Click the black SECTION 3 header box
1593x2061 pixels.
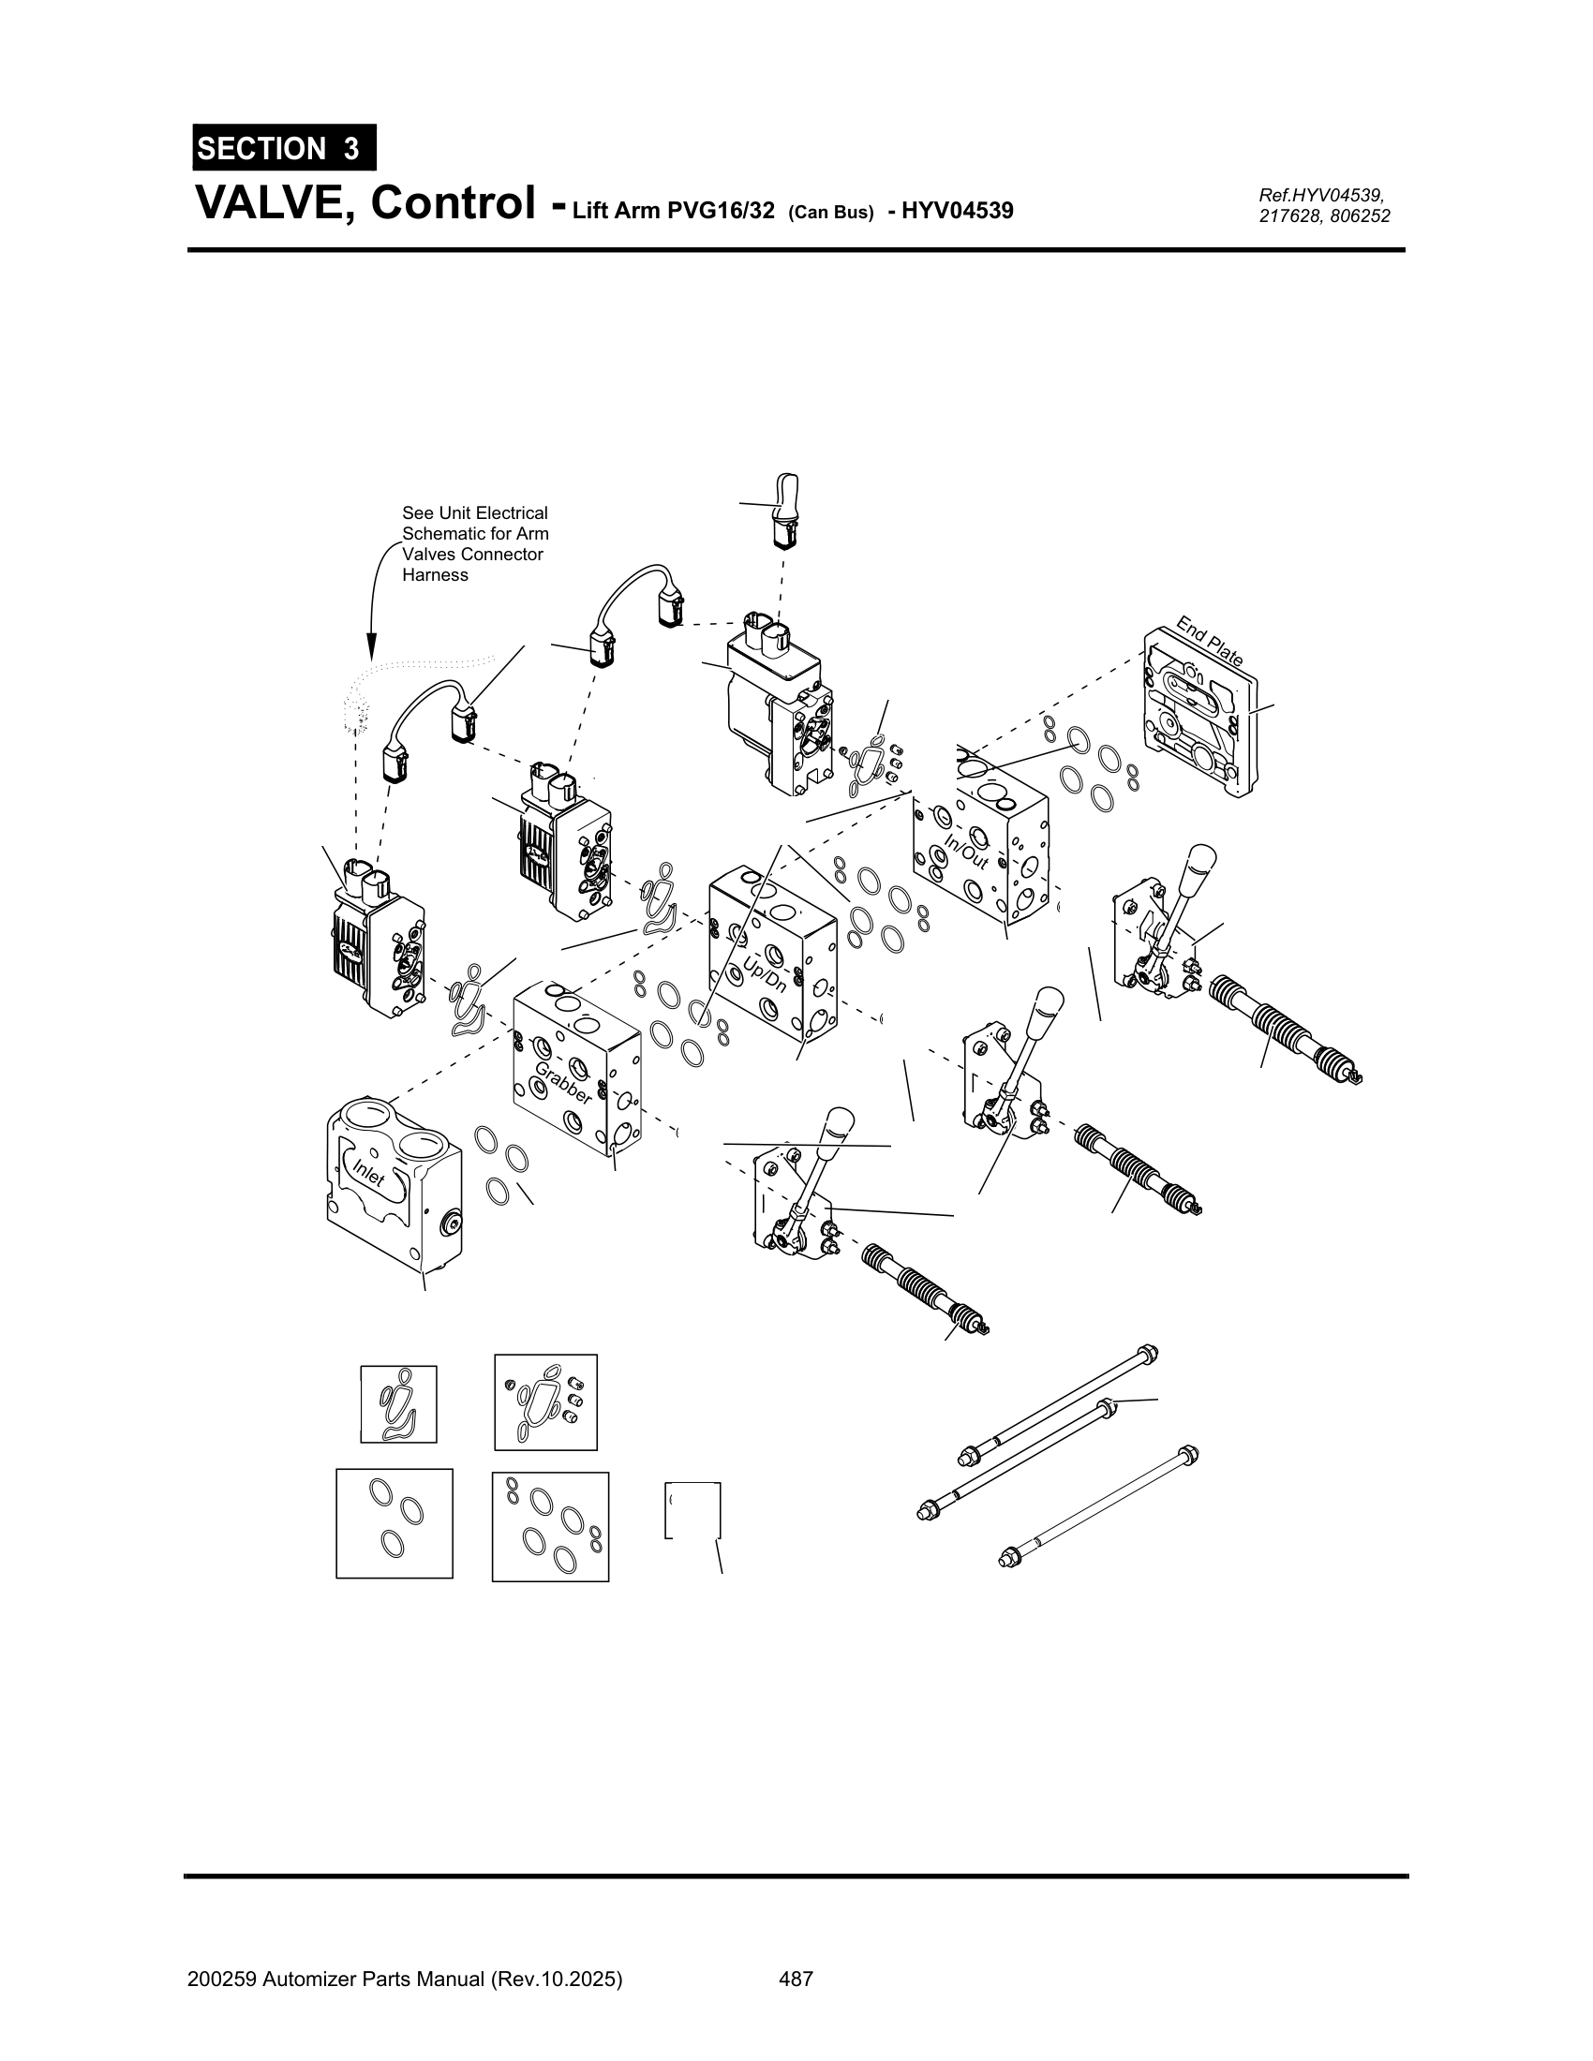[284, 148]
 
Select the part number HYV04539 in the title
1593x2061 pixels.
[957, 210]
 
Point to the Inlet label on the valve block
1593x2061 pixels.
[369, 1175]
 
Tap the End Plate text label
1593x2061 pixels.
[1209, 642]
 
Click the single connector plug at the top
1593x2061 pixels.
[785, 511]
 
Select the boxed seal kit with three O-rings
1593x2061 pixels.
[394, 1523]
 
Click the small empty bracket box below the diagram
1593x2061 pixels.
[693, 1511]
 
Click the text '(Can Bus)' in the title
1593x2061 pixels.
[830, 213]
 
